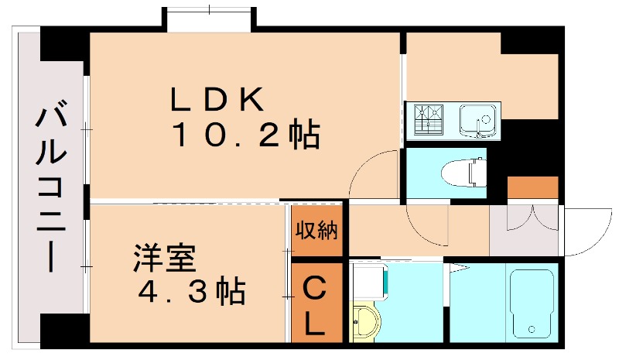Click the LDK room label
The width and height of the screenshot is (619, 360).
pyautogui.click(x=217, y=99)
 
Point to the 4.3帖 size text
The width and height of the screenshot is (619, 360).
pyautogui.click(x=192, y=291)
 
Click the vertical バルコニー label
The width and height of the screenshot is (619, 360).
pyautogui.click(x=51, y=186)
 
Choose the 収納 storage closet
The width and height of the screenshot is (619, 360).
pyautogui.click(x=316, y=230)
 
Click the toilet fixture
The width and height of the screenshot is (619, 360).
pyautogui.click(x=463, y=173)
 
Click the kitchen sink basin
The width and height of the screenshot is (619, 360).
pyautogui.click(x=477, y=119)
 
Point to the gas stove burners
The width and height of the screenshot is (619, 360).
pyautogui.click(x=429, y=118)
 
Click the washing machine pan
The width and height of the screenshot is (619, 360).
pyautogui.click(x=369, y=282)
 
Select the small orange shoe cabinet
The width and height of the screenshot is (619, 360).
pyautogui.click(x=532, y=187)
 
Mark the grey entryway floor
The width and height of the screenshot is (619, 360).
pyautogui.click(x=524, y=230)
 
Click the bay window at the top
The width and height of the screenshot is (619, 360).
pyautogui.click(x=210, y=19)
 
